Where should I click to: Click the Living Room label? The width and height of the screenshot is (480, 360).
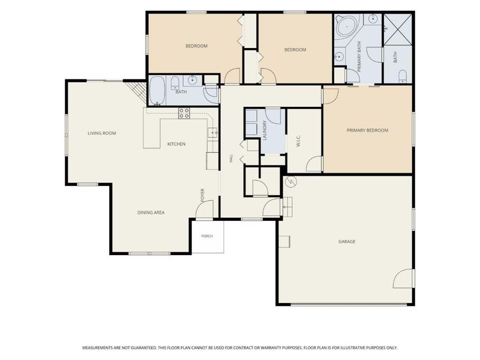[101, 133]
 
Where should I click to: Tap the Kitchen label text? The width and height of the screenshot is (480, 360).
[176, 144]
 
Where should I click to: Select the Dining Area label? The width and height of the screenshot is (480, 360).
[151, 212]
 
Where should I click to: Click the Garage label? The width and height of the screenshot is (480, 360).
[347, 242]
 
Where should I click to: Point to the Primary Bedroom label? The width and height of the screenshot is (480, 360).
[367, 130]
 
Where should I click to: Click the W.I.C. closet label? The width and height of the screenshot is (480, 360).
[299, 141]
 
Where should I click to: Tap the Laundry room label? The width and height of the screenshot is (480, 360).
[265, 130]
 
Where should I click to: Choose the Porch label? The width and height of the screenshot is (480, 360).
[207, 236]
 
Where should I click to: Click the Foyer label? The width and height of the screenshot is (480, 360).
[202, 195]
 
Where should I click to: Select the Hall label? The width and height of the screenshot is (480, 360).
[231, 158]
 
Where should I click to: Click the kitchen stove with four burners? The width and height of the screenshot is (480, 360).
[184, 113]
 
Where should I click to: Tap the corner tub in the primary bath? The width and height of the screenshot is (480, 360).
[347, 26]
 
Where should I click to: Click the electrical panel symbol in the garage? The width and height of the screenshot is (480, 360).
[291, 182]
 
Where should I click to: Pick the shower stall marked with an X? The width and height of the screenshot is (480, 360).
[398, 29]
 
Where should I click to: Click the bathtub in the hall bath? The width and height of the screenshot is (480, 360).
[157, 91]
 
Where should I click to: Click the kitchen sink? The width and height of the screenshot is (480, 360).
[213, 133]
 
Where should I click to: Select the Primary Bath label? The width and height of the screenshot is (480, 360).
[359, 56]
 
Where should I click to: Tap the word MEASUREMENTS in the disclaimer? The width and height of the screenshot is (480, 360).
[97, 348]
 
